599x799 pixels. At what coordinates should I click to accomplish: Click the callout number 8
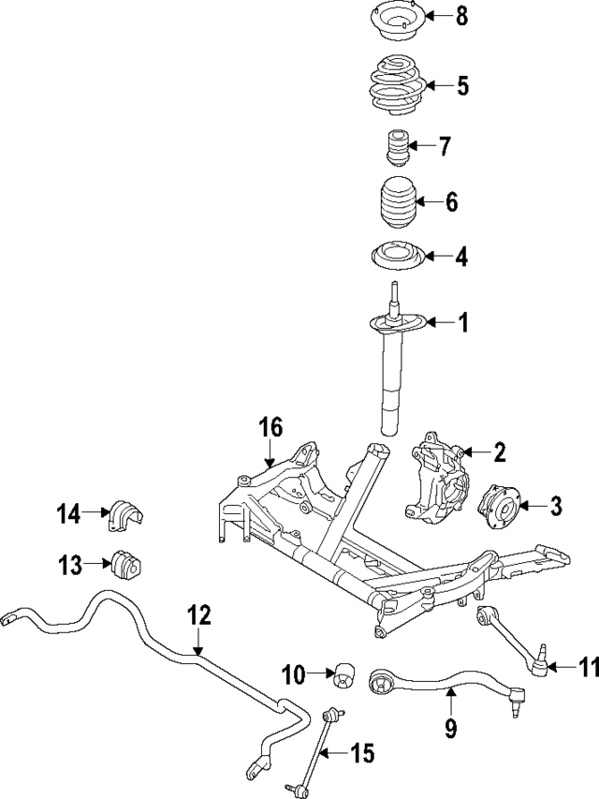(x=461, y=18)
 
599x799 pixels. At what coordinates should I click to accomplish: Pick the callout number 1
(x=461, y=323)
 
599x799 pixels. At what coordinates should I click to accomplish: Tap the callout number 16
(x=270, y=430)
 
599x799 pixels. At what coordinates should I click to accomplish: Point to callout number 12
(x=199, y=615)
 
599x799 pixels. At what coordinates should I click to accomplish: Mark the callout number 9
(x=450, y=727)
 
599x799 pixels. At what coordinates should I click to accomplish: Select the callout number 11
(x=587, y=668)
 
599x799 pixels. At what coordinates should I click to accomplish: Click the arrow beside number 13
(x=98, y=565)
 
